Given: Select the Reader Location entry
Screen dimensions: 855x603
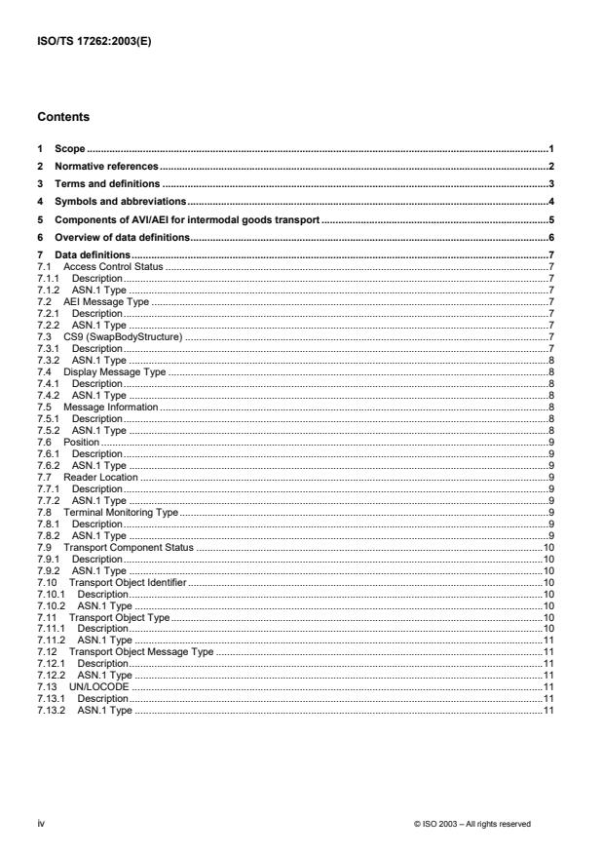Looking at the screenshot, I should click(100, 478).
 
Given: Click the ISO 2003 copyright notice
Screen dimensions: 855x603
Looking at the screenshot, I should click(472, 825).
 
